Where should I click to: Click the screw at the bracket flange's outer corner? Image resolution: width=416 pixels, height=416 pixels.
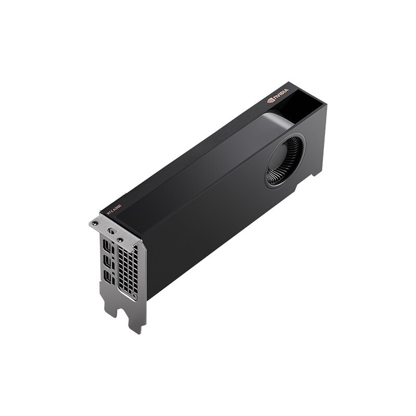tap(95, 223)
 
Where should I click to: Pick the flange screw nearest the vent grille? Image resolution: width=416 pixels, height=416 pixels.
tap(120, 240)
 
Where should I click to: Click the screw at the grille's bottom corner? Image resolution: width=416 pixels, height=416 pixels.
tap(134, 296)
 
